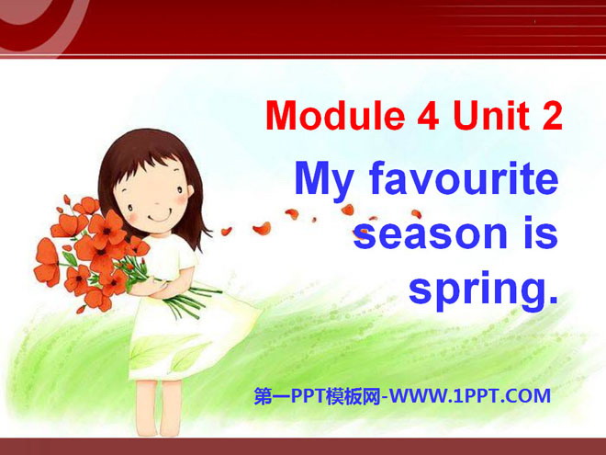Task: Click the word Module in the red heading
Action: (335, 115)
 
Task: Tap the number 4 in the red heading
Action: (428, 115)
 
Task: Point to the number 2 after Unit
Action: (552, 115)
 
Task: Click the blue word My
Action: (325, 182)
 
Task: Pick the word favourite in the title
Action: (464, 178)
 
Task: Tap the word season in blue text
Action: (430, 234)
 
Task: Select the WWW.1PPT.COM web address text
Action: (469, 396)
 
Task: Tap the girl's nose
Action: (157, 202)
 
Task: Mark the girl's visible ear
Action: (190, 191)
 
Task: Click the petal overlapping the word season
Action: (362, 233)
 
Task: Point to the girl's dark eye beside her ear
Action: (180, 190)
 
